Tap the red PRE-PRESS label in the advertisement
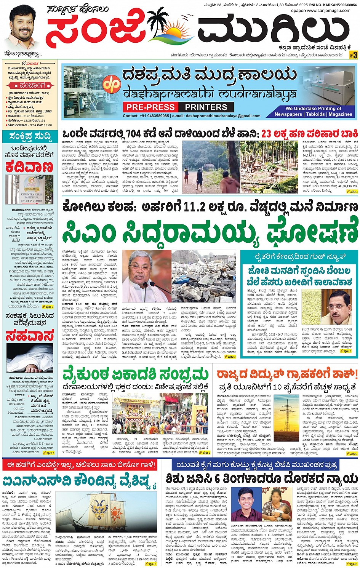coord(151,107)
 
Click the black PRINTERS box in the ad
coord(206,107)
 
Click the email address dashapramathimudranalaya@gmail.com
coord(218,116)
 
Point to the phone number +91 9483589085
coord(154,116)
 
